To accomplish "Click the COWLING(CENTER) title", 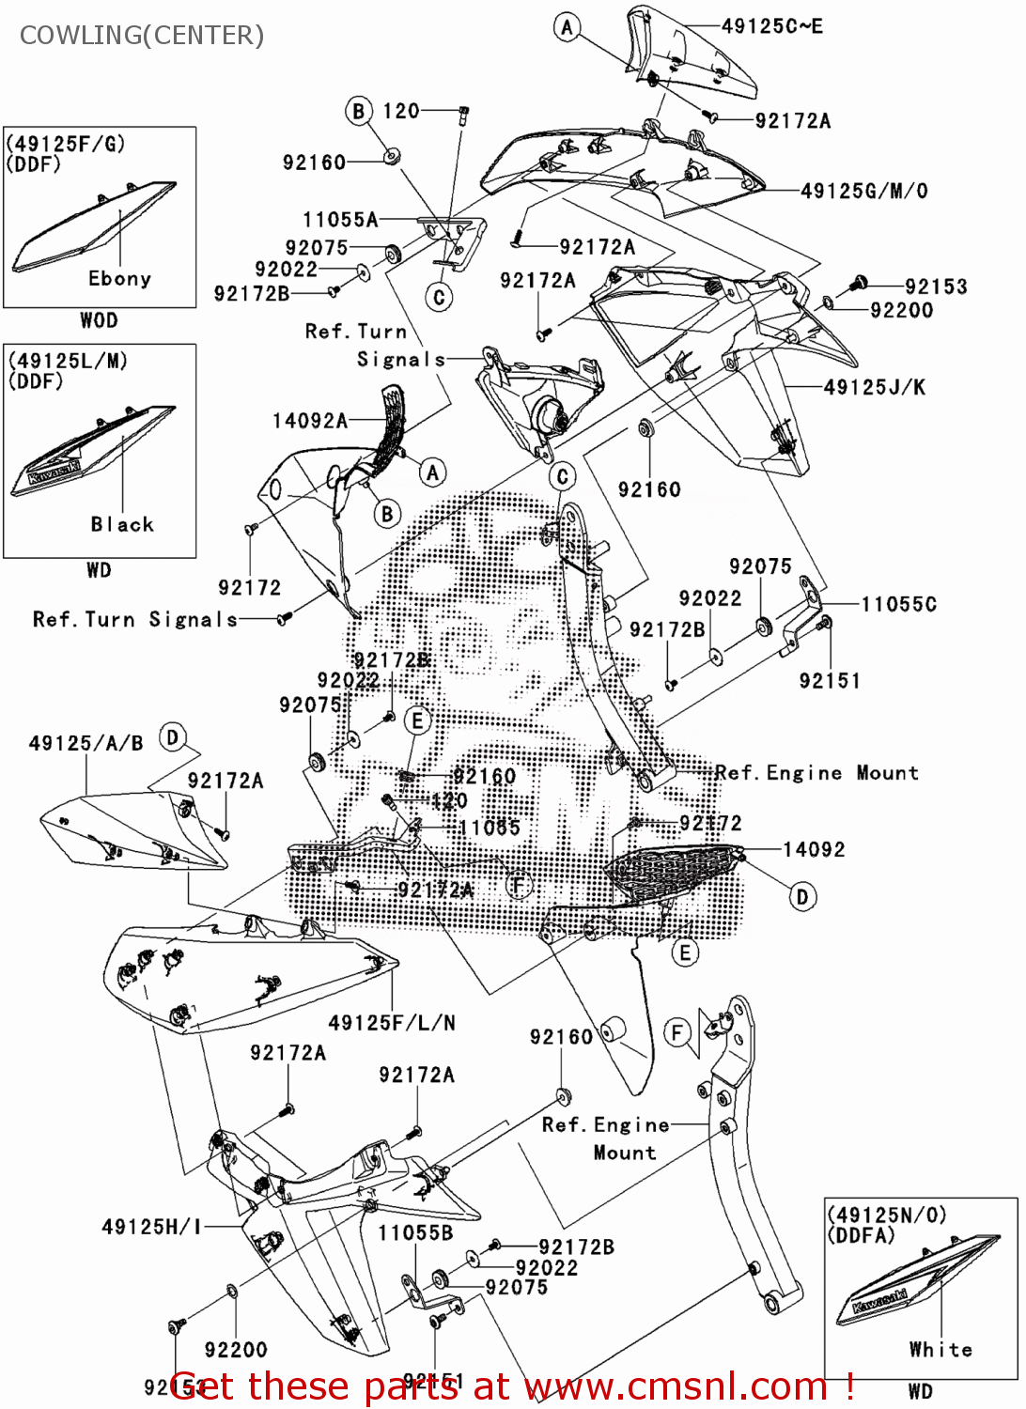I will click(x=142, y=36).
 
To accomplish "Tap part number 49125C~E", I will click(x=771, y=26).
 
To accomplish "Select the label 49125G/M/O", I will click(x=863, y=192).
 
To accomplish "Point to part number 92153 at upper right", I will click(x=936, y=286).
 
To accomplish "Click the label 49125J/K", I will click(x=874, y=387).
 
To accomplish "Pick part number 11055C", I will click(x=898, y=604).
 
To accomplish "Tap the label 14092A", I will click(x=310, y=421).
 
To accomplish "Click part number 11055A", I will click(x=340, y=220).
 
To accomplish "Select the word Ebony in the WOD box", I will click(x=119, y=279).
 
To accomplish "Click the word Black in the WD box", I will click(x=122, y=524).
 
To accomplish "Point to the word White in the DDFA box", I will click(x=940, y=1350).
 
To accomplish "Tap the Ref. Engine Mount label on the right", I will click(x=816, y=773).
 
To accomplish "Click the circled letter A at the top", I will click(x=567, y=27).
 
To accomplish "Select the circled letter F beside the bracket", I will click(x=677, y=1033).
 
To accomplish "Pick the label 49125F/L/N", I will click(x=392, y=1023).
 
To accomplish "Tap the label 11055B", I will click(x=415, y=1232).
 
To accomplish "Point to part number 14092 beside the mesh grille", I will click(x=814, y=850).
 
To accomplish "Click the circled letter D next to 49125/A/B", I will click(x=173, y=738).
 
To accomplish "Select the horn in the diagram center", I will click(x=547, y=416).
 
